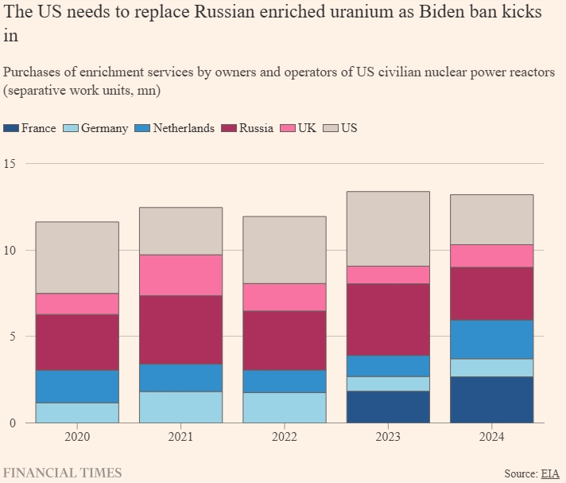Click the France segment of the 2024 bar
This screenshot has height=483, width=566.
(491, 399)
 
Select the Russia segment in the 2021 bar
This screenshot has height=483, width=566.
(180, 330)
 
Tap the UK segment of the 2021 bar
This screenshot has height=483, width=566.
(180, 275)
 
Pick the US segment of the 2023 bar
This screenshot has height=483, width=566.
(388, 229)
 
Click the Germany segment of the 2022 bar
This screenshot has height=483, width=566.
(284, 407)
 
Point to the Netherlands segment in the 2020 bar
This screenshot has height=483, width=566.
(77, 387)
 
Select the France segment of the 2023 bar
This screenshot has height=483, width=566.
(388, 407)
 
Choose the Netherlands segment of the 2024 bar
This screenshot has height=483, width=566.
(491, 340)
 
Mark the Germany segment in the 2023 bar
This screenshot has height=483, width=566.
(388, 384)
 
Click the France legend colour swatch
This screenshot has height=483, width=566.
(11, 128)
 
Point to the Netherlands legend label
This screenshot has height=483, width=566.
(184, 128)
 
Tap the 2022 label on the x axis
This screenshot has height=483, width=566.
(284, 437)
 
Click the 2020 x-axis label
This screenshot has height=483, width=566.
(77, 437)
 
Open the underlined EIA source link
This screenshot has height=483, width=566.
(550, 473)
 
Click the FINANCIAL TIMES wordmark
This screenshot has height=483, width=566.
(63, 473)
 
